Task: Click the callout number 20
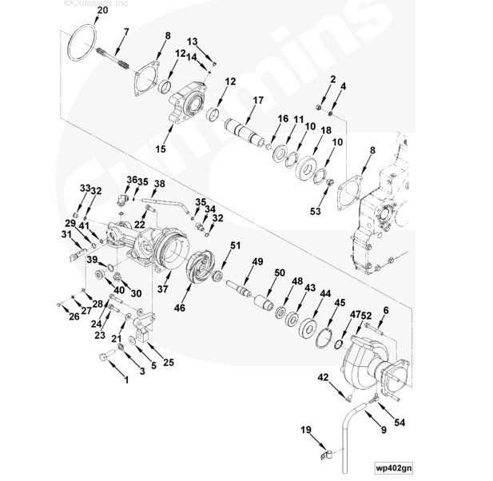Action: [x=101, y=10]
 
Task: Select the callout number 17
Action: [x=258, y=100]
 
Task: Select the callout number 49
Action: [x=257, y=261]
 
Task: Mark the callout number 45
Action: [x=340, y=303]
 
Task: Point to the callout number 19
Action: [x=307, y=431]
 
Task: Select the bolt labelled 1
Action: [x=102, y=357]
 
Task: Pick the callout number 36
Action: [x=132, y=180]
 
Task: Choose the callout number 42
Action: [x=324, y=376]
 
